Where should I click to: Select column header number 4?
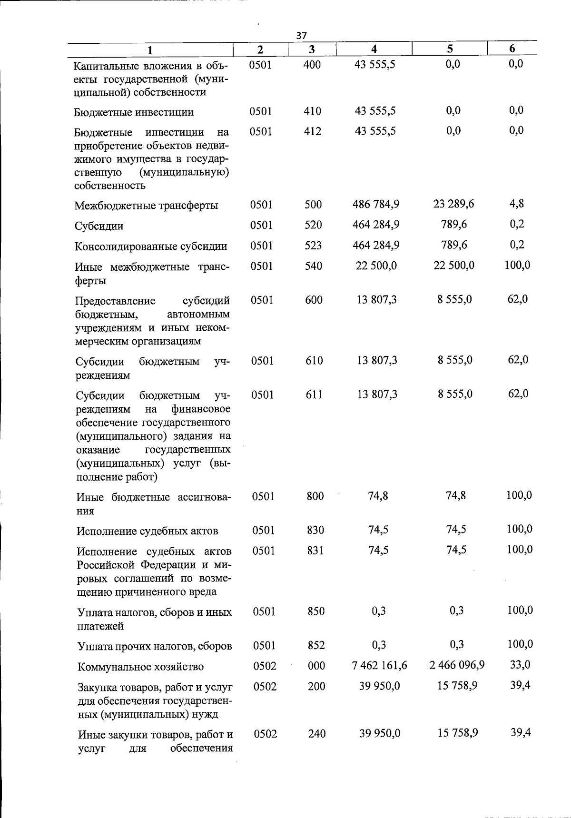[x=374, y=49]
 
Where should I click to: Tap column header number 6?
[x=512, y=49]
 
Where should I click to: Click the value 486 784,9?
[x=376, y=204]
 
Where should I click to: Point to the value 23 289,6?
[x=453, y=204]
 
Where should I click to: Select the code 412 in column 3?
[x=313, y=131]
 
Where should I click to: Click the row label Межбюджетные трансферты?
[x=147, y=206]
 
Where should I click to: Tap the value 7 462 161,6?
[x=379, y=665]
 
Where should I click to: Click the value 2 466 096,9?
[x=457, y=665]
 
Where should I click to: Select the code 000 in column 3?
[x=316, y=666]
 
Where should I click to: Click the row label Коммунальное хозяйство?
[x=141, y=667]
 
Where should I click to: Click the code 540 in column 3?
[x=314, y=266]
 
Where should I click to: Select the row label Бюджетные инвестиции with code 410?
[x=134, y=112]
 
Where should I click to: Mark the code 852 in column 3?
[x=316, y=645]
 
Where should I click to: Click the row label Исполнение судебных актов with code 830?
[x=148, y=531]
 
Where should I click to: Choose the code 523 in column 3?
[x=313, y=246]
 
